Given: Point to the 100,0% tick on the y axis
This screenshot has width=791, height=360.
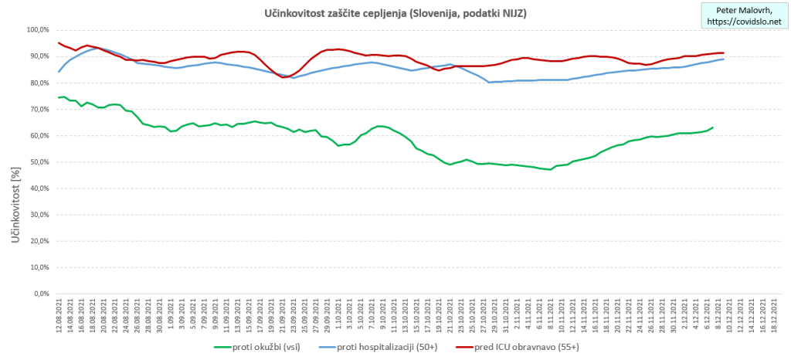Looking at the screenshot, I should point(37,29).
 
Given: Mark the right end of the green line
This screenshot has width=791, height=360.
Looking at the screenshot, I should point(713,127).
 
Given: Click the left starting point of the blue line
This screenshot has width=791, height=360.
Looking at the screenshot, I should point(59,72).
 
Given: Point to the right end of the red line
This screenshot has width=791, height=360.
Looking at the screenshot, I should point(724,53).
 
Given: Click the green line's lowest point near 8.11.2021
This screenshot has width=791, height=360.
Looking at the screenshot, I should point(550,169).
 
